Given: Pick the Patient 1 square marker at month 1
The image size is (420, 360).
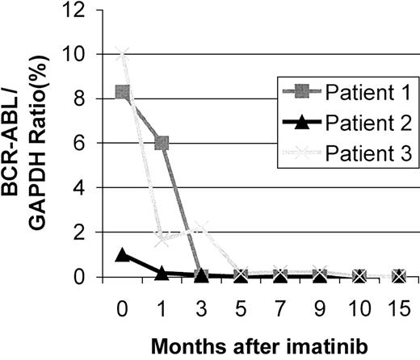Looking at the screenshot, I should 162,143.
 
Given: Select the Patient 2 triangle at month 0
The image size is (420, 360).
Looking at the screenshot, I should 123,255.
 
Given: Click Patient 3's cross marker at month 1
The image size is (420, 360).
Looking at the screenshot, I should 162,240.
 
